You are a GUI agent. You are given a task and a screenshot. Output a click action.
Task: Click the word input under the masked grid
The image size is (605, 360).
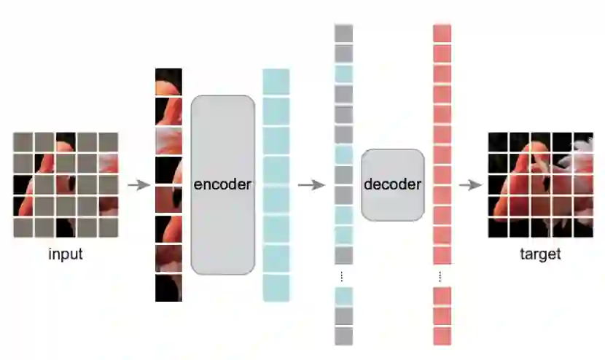66,254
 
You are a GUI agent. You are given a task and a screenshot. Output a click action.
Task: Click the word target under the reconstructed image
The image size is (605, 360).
540,254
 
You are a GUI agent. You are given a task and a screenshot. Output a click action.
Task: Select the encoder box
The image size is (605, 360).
223,184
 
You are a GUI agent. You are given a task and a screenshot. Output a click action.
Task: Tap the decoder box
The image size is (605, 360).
392,184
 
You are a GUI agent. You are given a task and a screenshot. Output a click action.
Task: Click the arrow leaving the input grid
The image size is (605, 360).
138,184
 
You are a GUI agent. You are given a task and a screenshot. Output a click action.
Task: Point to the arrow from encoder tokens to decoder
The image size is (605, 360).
311,184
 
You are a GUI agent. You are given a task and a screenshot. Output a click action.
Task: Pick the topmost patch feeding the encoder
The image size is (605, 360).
168,82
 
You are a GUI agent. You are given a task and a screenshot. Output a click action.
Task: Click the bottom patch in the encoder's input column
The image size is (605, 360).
168,288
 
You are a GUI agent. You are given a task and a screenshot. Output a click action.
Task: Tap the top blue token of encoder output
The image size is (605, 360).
276,82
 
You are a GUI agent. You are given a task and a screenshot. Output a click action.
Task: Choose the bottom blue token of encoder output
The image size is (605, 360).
276,288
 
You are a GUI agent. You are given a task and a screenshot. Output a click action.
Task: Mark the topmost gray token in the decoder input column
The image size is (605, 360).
343,34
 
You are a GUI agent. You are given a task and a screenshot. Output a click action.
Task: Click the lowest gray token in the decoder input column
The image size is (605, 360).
343,336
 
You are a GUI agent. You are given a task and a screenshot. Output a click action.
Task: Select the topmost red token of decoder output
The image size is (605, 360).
442,34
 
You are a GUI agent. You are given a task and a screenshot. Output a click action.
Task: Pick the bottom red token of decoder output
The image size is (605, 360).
442,336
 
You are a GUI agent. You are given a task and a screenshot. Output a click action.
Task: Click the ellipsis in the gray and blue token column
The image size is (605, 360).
343,276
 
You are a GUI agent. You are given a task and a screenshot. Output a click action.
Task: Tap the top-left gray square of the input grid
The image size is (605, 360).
23,142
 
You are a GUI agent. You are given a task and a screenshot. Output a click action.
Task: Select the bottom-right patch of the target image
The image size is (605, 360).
583,227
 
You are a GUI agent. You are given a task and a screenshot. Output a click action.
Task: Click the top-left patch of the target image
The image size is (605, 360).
498,142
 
